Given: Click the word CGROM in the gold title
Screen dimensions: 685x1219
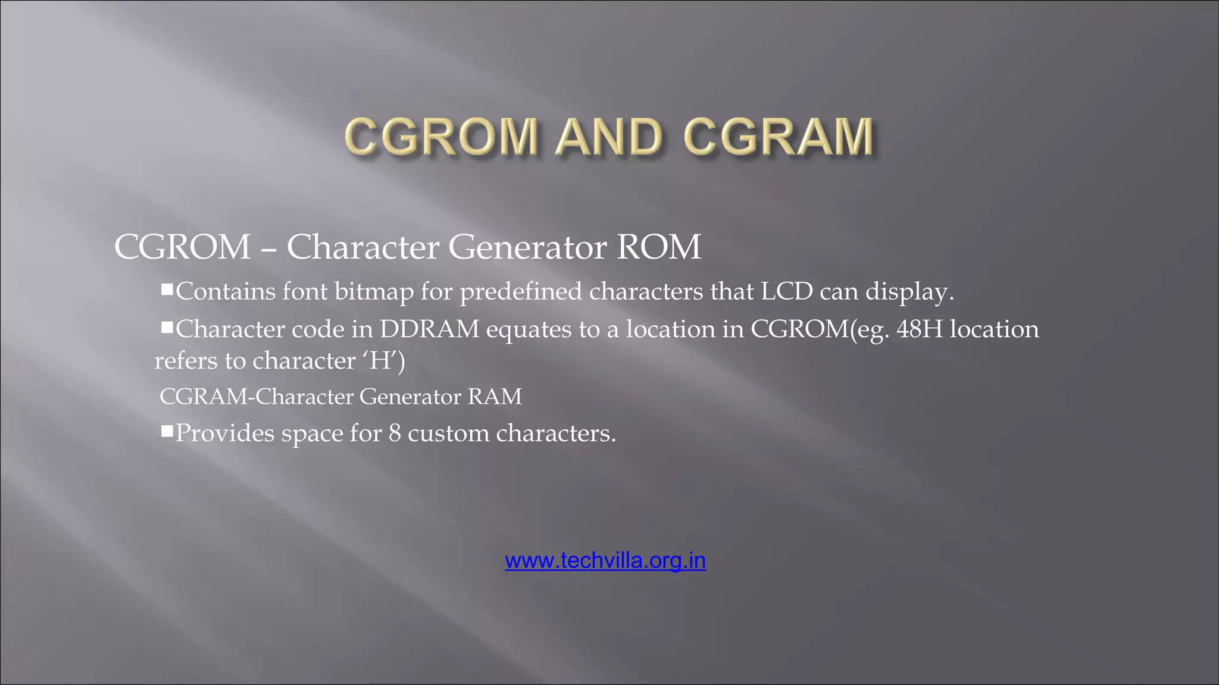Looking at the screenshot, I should coord(441,137).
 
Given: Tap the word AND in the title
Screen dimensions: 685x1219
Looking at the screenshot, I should coord(608,137).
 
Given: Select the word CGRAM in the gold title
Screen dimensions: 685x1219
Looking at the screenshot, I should coord(779,137).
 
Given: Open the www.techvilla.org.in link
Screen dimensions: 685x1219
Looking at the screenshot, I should coord(605,560).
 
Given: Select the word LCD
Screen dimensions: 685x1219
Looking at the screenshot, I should coord(787,291).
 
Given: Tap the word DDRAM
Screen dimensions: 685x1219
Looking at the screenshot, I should coord(430,329).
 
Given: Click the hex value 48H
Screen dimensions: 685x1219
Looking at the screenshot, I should coord(920,329).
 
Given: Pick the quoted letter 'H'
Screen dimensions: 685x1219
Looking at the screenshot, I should coord(379,360).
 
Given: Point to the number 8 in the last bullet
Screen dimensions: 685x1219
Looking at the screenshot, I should coord(395,433).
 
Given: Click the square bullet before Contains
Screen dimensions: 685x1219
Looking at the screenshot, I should coord(167,290).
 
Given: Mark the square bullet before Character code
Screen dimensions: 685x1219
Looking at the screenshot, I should coord(167,327).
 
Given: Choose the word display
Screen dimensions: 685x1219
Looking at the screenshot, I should coord(909,291).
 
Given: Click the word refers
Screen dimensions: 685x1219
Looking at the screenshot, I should coord(186,360).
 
